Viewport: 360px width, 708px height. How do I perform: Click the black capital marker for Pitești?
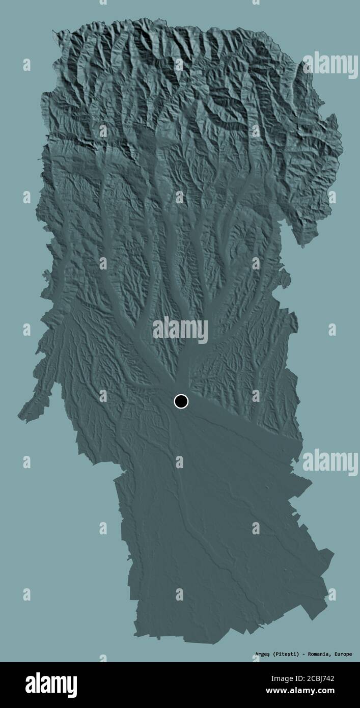point(181,401)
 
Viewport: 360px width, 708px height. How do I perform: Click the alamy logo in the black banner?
point(51,684)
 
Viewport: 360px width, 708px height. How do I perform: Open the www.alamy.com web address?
point(320,692)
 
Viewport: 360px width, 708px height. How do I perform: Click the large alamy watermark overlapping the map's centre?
point(180,330)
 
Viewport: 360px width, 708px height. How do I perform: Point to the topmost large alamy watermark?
point(330,64)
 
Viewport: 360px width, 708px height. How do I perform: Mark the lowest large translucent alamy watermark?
point(330,461)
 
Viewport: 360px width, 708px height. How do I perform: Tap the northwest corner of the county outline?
point(54,32)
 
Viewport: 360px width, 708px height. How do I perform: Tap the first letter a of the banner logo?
point(30,685)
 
